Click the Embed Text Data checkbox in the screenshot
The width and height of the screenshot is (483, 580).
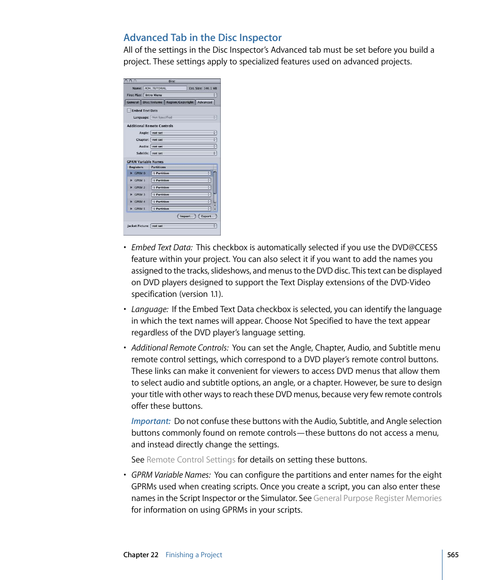pyautogui.click(x=129, y=110)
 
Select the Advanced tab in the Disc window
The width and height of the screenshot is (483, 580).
pyautogui.click(x=205, y=102)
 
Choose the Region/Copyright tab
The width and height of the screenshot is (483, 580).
pyautogui.click(x=180, y=102)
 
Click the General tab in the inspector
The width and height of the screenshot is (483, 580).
pyautogui.click(x=133, y=102)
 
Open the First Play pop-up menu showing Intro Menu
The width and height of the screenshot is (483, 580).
pyautogui.click(x=180, y=95)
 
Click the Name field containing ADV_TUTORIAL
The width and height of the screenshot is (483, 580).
pyautogui.click(x=165, y=88)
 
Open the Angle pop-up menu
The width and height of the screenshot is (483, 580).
pyautogui.click(x=184, y=133)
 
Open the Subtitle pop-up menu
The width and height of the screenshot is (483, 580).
pyautogui.click(x=184, y=153)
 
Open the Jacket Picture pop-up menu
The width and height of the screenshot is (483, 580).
pyautogui.click(x=184, y=226)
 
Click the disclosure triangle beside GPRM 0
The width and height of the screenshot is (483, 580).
pyautogui.click(x=132, y=173)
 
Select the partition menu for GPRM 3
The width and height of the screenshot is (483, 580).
pyautogui.click(x=181, y=195)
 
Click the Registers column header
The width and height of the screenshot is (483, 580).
pyautogui.click(x=136, y=167)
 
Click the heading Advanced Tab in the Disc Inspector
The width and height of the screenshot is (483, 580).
pyautogui.click(x=203, y=37)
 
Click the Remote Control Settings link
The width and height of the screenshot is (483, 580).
pyautogui.click(x=191, y=460)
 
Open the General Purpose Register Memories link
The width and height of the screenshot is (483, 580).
pyautogui.click(x=377, y=498)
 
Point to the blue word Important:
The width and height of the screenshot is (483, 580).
pyautogui.click(x=151, y=421)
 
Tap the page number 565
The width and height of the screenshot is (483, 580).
pyautogui.click(x=453, y=555)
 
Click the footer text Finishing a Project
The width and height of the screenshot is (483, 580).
pyautogui.click(x=194, y=555)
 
